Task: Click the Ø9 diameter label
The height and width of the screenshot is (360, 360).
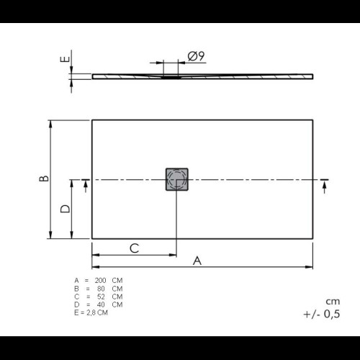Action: (196, 56)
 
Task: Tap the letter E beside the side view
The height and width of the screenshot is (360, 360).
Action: (65, 59)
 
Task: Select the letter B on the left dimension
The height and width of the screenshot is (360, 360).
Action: (44, 179)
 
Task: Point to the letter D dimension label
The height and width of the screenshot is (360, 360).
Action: (65, 209)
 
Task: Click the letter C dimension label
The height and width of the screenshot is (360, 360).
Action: (135, 248)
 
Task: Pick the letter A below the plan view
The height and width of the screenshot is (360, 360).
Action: (197, 261)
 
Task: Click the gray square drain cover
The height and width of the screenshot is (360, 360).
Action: (177, 179)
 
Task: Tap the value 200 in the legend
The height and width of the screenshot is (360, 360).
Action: (100, 280)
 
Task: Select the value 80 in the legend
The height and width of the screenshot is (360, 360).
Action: (101, 289)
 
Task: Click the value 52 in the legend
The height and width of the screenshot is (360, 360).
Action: (101, 297)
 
